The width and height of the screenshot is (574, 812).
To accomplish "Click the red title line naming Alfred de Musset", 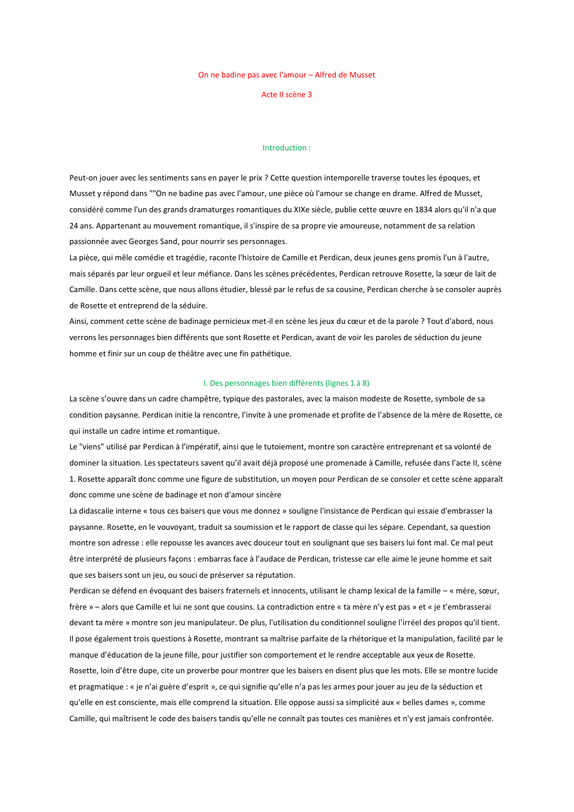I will pyautogui.click(x=286, y=75).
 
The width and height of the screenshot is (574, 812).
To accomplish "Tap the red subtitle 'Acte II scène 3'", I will pyautogui.click(x=286, y=94).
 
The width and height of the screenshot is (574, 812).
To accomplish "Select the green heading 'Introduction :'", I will pyautogui.click(x=286, y=147).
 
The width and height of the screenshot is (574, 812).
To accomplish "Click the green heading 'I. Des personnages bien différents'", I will pyautogui.click(x=286, y=383).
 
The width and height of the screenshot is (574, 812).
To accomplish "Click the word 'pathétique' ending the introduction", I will pyautogui.click(x=272, y=353).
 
